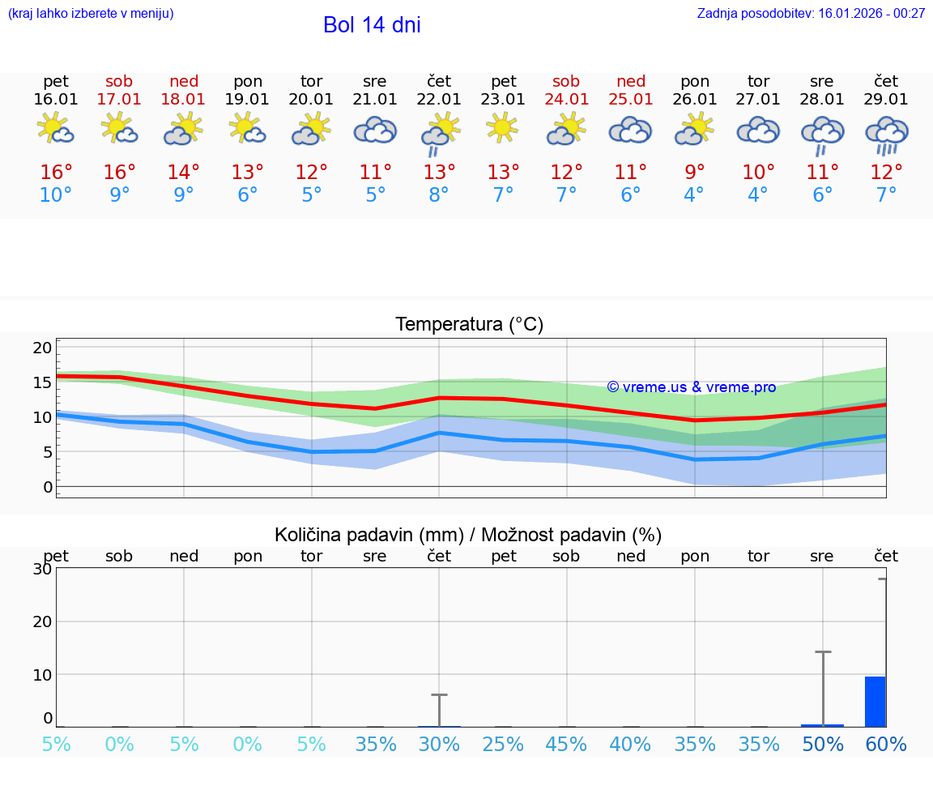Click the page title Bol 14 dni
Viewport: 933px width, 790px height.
tap(372, 25)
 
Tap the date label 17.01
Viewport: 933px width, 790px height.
tap(119, 99)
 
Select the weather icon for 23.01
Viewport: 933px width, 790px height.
tap(503, 128)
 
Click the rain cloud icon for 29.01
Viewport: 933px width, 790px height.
tap(886, 135)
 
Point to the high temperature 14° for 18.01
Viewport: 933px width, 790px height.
tap(184, 173)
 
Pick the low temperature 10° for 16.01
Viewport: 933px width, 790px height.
tap(56, 194)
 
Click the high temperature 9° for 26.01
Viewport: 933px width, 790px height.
tap(695, 173)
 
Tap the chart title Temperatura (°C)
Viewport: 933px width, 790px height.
tap(470, 325)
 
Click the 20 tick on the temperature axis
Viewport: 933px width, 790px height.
tap(42, 348)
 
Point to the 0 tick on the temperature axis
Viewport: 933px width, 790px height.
tap(47, 487)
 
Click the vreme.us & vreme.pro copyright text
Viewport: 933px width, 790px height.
tap(692, 387)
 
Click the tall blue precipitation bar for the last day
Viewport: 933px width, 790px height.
tap(875, 702)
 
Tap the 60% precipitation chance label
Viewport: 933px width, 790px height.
tap(886, 745)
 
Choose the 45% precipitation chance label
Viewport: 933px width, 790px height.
tap(566, 745)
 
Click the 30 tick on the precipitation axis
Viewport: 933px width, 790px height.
tap(42, 569)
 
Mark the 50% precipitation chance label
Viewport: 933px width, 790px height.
tap(823, 745)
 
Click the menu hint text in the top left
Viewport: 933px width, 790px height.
tap(91, 13)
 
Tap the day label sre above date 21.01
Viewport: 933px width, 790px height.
tap(375, 81)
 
